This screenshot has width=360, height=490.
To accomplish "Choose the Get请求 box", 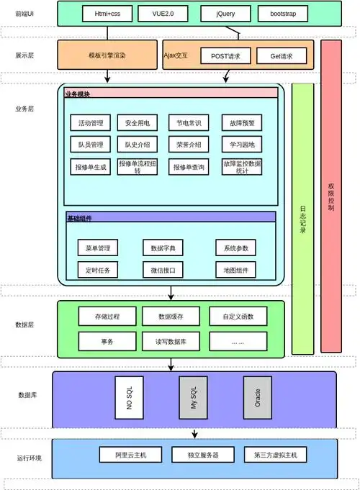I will tap(281, 55).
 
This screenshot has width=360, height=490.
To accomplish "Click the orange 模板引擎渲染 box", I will tap(107, 55).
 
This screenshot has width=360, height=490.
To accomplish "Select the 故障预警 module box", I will tap(241, 123).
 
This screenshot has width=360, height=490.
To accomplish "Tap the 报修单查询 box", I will tap(190, 167).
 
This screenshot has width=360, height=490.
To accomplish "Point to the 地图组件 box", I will tap(236, 270).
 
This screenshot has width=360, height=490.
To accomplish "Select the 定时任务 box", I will tap(97, 270).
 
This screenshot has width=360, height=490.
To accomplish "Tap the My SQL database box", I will tap(193, 396).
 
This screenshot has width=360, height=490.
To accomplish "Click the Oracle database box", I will tap(257, 396).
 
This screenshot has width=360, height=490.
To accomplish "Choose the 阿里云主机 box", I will tap(130, 455).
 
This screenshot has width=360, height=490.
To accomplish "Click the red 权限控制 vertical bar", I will tap(330, 196).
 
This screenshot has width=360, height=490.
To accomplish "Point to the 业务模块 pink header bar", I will tap(171, 93).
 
